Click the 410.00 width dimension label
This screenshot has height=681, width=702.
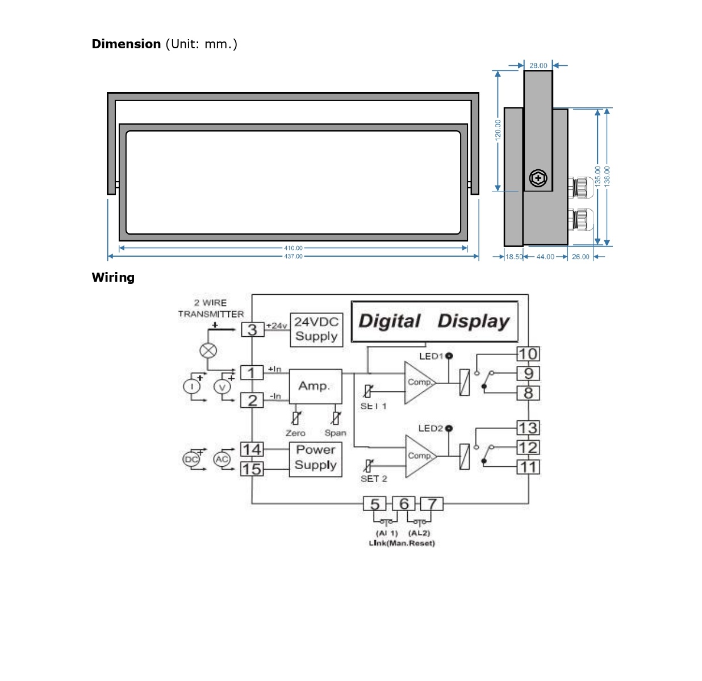click(x=293, y=248)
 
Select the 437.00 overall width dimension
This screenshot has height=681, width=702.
click(x=293, y=256)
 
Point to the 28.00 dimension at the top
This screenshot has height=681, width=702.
click(x=538, y=66)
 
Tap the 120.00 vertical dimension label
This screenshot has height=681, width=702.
click(x=498, y=129)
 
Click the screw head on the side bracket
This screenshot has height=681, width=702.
click(x=538, y=178)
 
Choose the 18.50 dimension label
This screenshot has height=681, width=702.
click(x=514, y=257)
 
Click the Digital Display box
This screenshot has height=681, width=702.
click(x=434, y=321)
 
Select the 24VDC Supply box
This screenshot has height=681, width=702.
click(x=316, y=329)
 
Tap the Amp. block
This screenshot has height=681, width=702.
click(x=315, y=386)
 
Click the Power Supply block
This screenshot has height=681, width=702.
click(x=315, y=458)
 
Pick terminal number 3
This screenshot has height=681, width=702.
click(x=252, y=329)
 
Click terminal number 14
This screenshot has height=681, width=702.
click(x=252, y=450)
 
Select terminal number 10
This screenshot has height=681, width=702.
click(x=528, y=354)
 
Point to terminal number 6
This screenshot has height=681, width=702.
click(x=404, y=504)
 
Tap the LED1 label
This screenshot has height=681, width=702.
click(x=431, y=356)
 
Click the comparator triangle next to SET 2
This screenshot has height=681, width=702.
click(x=420, y=456)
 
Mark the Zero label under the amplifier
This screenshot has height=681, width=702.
click(x=295, y=433)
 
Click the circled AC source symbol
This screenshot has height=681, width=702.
click(x=222, y=459)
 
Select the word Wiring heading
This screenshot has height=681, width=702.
click(x=113, y=277)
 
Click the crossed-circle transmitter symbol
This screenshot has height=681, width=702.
click(x=208, y=350)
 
